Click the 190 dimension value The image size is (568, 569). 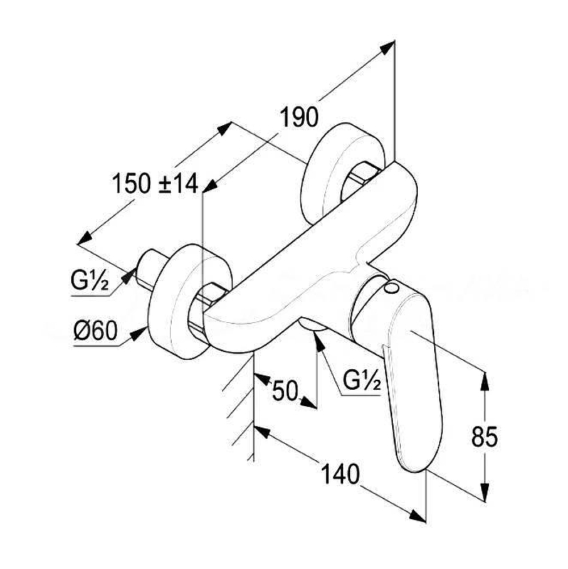pyautogui.click(x=299, y=117)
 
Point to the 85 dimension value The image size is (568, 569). pyautogui.click(x=484, y=436)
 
